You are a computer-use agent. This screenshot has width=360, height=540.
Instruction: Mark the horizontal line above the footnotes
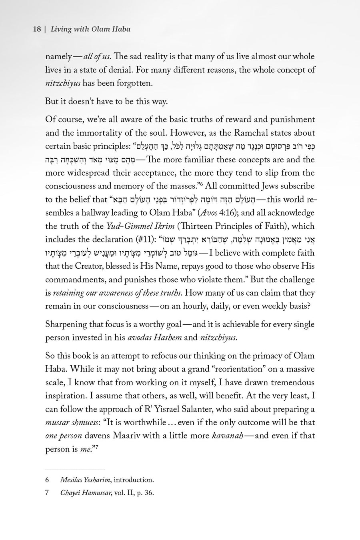coord(75,468)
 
